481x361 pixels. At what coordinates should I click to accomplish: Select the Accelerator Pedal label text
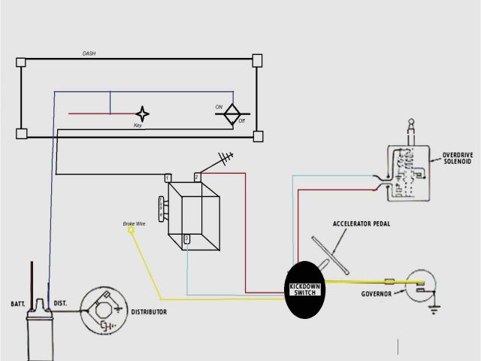click(x=362, y=224)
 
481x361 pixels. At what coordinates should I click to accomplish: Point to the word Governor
click(x=375, y=293)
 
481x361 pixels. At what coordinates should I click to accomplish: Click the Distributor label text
click(x=149, y=311)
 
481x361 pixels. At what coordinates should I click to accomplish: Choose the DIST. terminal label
click(x=60, y=303)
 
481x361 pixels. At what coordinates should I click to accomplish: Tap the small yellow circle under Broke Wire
click(x=132, y=232)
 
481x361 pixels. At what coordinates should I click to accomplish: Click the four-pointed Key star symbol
click(x=142, y=114)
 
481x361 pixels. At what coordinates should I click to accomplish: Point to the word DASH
click(x=88, y=54)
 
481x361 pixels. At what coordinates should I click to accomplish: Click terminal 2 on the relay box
click(x=197, y=177)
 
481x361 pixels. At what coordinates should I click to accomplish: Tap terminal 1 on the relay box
click(x=168, y=177)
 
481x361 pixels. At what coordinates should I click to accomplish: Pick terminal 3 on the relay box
click(x=187, y=238)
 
